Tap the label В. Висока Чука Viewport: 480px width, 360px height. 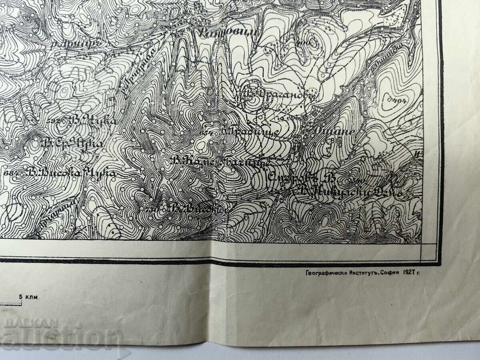72,174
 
